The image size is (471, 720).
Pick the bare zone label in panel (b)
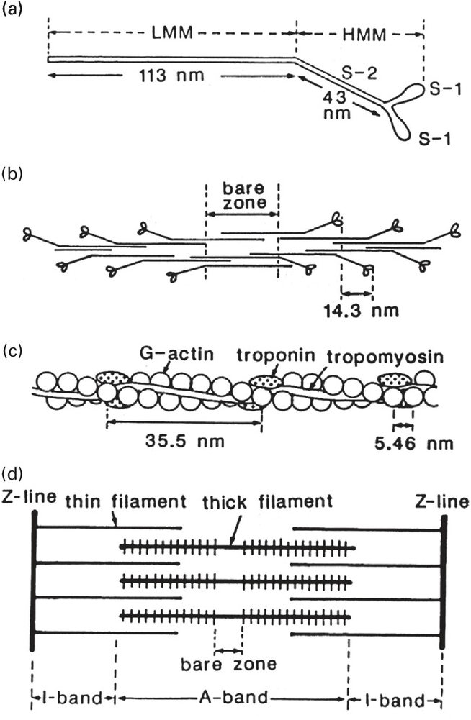pos(242,195)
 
